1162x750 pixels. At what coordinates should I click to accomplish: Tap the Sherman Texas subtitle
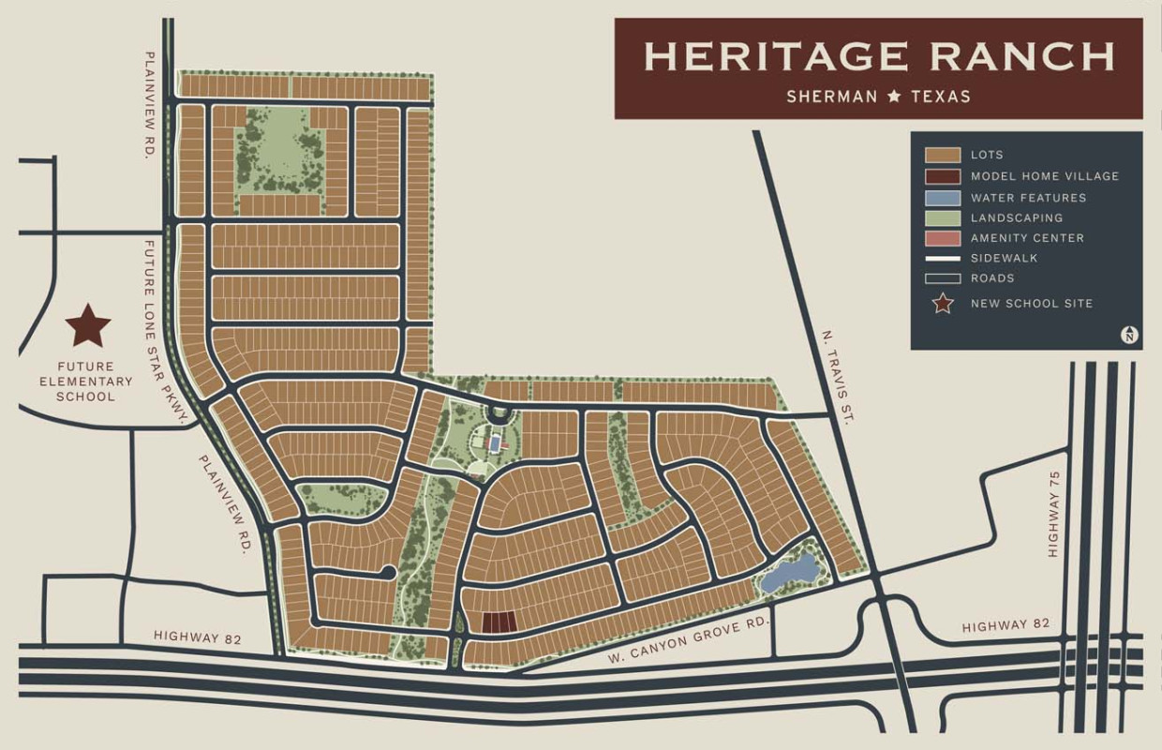(878, 96)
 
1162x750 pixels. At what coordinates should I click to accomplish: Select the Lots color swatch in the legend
(943, 156)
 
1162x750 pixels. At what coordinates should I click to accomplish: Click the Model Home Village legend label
(1045, 176)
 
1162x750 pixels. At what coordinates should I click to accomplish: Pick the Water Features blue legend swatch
(943, 198)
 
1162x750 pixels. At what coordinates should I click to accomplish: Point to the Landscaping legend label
(1017, 217)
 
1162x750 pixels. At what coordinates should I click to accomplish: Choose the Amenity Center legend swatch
(943, 238)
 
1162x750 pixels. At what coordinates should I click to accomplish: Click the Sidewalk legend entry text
(1005, 258)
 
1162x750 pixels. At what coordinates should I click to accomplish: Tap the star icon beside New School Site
(943, 304)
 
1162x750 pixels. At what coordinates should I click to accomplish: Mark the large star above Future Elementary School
(88, 325)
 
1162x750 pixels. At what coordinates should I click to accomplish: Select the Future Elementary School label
(85, 382)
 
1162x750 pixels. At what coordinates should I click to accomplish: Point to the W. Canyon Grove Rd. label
(687, 638)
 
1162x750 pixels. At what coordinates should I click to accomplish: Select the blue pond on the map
(789, 573)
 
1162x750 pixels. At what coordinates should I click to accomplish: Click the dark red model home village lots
(499, 622)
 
